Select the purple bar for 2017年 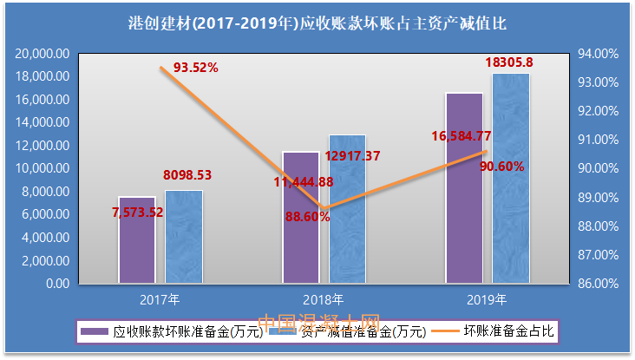(x=136, y=247)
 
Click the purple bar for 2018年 (x=300, y=226)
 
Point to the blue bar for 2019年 (x=511, y=182)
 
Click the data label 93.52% (x=195, y=67)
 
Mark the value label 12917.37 (x=355, y=156)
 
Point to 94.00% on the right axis (x=597, y=54)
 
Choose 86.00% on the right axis (x=597, y=283)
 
